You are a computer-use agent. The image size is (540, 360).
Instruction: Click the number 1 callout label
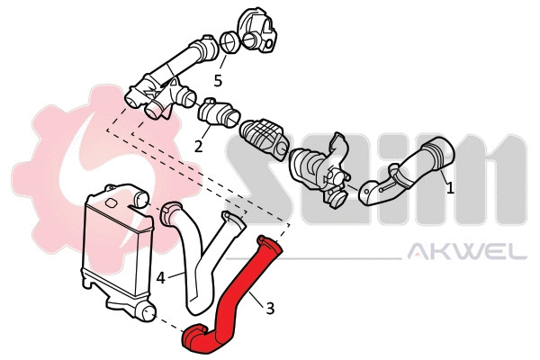pos(450,189)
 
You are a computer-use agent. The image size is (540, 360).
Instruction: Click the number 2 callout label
pos(199,145)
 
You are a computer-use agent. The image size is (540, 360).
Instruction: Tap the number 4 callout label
pos(160,278)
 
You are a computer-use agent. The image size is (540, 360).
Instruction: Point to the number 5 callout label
pos(218,80)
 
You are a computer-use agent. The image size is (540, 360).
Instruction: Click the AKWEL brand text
pos(468,253)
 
